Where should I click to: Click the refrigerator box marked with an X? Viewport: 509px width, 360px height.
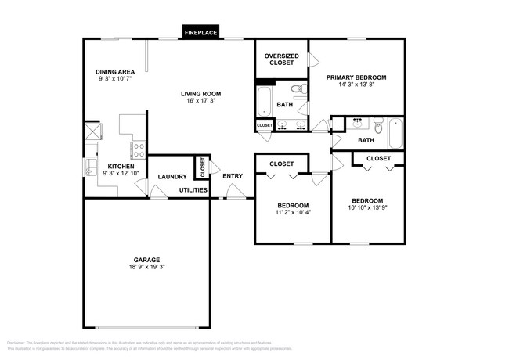click(x=92, y=130)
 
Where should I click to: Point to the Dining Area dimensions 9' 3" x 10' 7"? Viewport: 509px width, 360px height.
click(x=116, y=79)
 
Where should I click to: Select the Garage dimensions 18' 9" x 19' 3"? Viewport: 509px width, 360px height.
click(x=146, y=267)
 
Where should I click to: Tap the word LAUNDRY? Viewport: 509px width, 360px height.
click(x=172, y=177)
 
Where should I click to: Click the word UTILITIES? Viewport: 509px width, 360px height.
click(x=193, y=190)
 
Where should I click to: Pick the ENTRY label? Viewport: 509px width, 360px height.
click(x=233, y=176)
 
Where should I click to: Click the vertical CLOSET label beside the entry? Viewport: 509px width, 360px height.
click(x=202, y=166)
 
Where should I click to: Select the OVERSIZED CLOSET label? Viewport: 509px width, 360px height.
click(x=281, y=59)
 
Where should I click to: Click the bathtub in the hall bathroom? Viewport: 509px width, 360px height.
click(x=395, y=132)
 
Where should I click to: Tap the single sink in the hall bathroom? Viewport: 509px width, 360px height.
click(x=358, y=123)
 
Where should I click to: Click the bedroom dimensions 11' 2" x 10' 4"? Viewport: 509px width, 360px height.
click(x=293, y=212)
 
